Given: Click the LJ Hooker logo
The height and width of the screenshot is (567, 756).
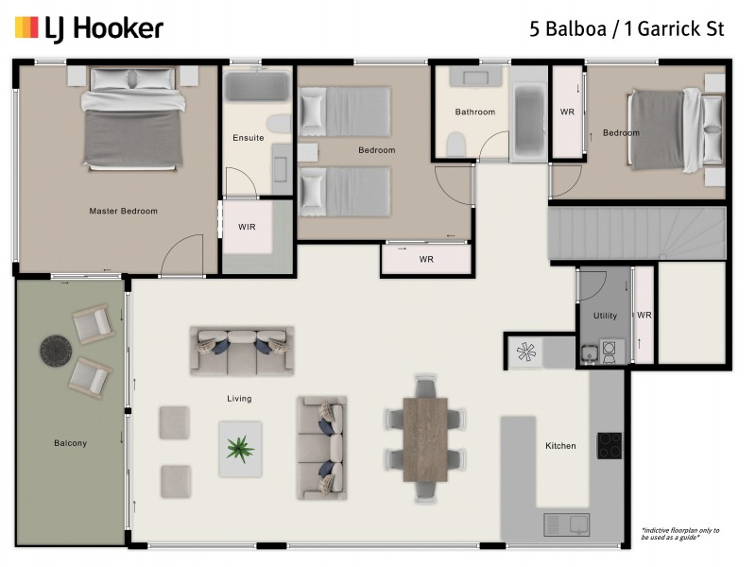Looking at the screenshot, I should click(x=89, y=28).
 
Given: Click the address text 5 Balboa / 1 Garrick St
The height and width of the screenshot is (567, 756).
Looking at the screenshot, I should click(x=627, y=28).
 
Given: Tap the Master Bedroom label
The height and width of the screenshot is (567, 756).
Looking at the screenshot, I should click(x=123, y=211).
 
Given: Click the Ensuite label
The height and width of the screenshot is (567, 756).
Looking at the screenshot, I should click(x=248, y=138).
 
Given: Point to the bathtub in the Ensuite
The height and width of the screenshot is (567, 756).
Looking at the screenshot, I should click(x=257, y=89).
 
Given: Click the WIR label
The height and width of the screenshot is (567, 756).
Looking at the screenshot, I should click(x=247, y=228).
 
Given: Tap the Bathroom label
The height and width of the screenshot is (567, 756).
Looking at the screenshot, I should click(x=474, y=112).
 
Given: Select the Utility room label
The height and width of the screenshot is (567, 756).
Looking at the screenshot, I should click(x=605, y=316).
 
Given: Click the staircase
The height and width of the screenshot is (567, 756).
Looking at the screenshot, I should click(x=637, y=233).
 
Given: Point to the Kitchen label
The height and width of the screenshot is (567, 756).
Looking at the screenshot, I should click(x=560, y=446).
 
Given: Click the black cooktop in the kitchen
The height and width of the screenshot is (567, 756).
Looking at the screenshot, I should click(x=610, y=445).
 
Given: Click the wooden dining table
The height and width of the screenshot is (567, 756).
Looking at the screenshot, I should click(x=425, y=439).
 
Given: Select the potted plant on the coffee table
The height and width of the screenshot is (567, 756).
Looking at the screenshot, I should click(x=240, y=448).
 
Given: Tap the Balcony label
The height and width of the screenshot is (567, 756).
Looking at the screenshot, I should click(x=70, y=443).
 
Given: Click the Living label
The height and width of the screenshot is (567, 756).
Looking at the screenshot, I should click(x=239, y=399).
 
